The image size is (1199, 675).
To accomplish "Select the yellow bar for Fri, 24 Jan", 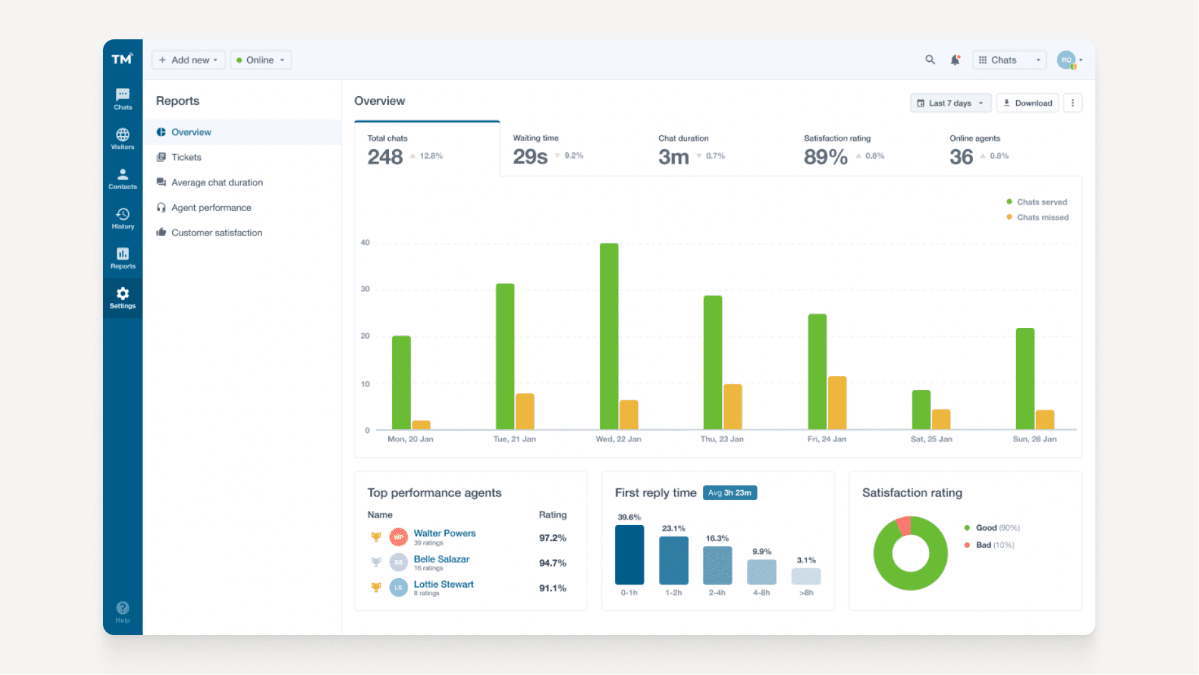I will [x=837, y=403].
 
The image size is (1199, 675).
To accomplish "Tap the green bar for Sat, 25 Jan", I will [x=921, y=410].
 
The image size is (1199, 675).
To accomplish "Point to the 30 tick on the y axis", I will [x=365, y=289].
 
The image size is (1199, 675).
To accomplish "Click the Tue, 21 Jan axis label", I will [x=514, y=439].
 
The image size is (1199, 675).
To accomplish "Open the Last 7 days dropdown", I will [x=950, y=103].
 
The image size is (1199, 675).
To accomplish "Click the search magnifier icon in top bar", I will [x=930, y=60].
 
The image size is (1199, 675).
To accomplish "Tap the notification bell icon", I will [x=955, y=60].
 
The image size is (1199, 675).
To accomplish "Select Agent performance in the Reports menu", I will [x=211, y=207].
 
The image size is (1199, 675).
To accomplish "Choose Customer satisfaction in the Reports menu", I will [x=217, y=232].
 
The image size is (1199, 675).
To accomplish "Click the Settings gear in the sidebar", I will [x=122, y=298].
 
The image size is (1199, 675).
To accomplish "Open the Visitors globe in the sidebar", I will [x=122, y=139].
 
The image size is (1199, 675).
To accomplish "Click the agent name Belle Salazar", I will [x=441, y=559].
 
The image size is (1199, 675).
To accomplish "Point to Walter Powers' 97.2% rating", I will [x=552, y=538].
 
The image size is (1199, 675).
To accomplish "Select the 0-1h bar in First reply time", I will [x=629, y=554].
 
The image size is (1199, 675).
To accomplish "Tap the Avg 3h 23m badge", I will [x=730, y=493].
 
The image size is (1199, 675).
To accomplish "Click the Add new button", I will [x=188, y=60].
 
